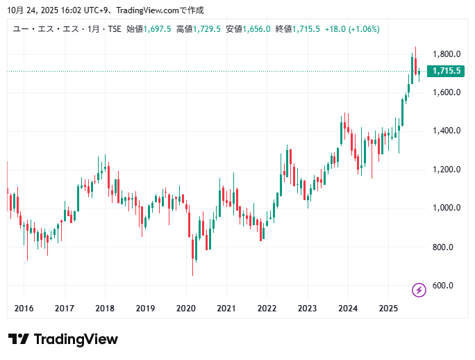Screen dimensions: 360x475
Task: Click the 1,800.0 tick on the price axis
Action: (447, 54)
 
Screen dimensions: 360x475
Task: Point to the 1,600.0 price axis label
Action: (447, 92)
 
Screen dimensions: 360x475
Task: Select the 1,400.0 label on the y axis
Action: (447, 131)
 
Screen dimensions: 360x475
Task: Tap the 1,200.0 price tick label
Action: (447, 170)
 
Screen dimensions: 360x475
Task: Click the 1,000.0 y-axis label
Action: (447, 208)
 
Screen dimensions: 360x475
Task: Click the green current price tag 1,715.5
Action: (447, 71)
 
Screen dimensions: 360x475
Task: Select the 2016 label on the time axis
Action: (24, 308)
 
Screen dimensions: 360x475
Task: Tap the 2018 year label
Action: (105, 308)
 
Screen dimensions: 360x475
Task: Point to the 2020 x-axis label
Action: (185, 308)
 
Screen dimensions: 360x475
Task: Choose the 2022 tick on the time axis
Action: (267, 308)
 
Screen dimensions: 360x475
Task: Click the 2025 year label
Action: (388, 308)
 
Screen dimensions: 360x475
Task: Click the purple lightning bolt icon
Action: (419, 290)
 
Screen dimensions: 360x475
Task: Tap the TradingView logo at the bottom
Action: (63, 339)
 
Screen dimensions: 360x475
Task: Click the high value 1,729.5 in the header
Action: (208, 28)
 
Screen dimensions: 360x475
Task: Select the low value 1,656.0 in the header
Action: (256, 28)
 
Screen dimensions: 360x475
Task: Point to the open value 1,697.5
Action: (158, 28)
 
